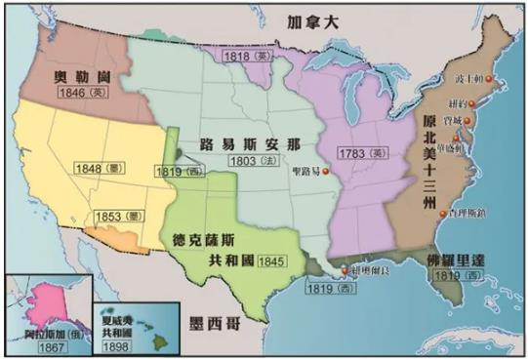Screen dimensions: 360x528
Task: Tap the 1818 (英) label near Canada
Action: [x=245, y=58]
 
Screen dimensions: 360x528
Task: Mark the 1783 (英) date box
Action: [x=361, y=154]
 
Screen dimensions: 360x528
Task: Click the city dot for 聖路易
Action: [x=327, y=172]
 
